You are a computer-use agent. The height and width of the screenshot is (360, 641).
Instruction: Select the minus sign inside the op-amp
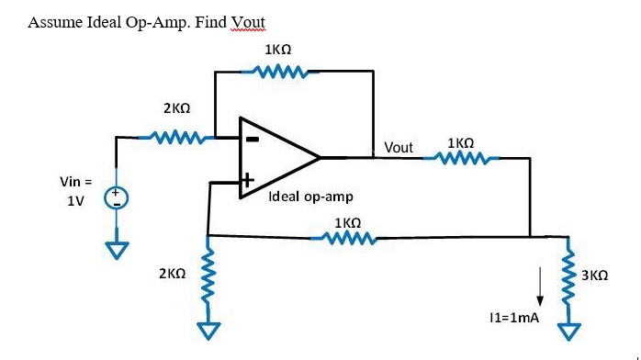[x=251, y=140]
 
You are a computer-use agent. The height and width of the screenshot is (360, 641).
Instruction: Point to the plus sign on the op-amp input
[x=247, y=182]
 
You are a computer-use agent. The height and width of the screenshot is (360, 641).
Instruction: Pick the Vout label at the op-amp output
[x=399, y=147]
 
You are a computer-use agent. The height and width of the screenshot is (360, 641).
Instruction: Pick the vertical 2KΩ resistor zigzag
[x=209, y=274]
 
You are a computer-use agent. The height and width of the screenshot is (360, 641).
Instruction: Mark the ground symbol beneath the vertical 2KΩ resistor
[x=210, y=328]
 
